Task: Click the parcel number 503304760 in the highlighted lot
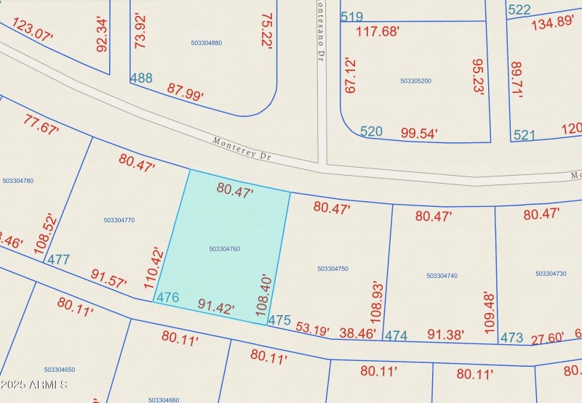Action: coord(224,249)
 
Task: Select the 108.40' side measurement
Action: coord(264,294)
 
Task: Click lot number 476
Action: coord(167,298)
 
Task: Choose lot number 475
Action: coord(279,319)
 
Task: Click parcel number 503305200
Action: coord(415,81)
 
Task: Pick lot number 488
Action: coord(141,78)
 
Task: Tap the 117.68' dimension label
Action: coord(377,31)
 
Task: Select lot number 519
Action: coord(351,17)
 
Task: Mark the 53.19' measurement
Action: coord(313,328)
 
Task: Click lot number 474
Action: coord(396,335)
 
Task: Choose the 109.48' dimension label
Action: coord(490,309)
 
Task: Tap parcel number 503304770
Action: coord(119,220)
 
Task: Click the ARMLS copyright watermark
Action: coord(35,384)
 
